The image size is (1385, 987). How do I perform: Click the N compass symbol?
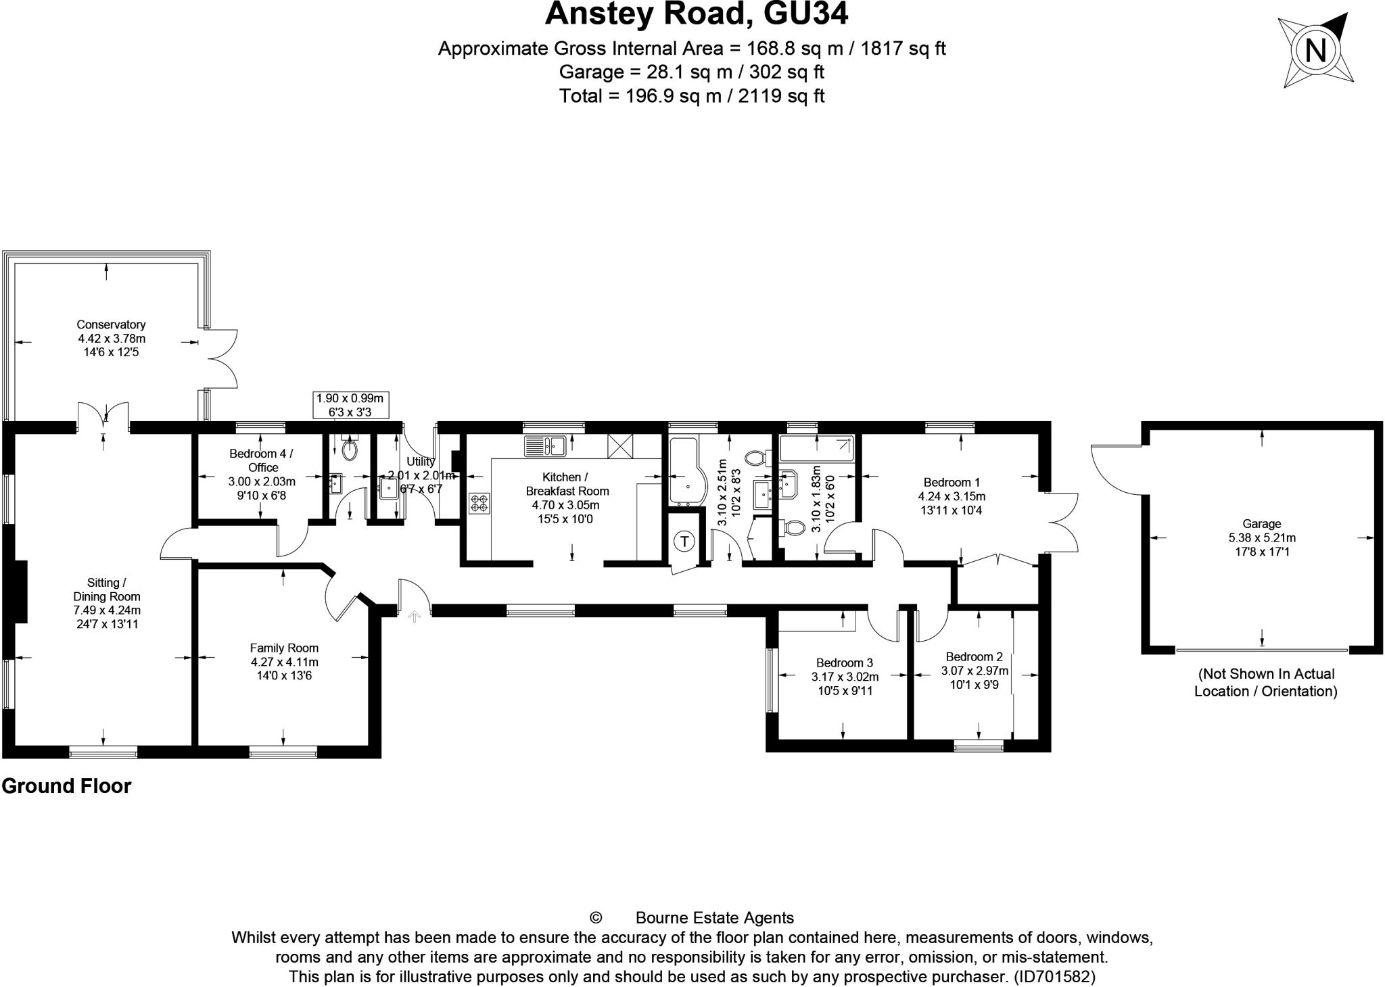click(x=1315, y=51)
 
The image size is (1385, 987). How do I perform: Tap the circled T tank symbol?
click(x=685, y=541)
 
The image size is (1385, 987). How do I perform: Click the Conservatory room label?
click(x=111, y=325)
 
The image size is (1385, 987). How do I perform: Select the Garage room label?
click(x=1261, y=524)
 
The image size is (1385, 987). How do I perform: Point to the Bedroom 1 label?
click(x=952, y=483)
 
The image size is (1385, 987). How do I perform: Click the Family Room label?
click(x=284, y=648)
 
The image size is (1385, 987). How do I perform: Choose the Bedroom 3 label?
click(x=844, y=663)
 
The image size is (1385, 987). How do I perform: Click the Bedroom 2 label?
click(x=974, y=657)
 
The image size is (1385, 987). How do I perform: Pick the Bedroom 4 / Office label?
click(x=262, y=460)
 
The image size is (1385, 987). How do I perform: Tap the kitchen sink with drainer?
click(x=545, y=446)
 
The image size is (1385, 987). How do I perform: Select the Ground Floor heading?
click(x=66, y=786)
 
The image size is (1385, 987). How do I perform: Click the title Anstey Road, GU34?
click(x=696, y=14)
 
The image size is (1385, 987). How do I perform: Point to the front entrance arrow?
click(x=414, y=616)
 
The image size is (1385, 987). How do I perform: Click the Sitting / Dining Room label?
click(x=106, y=589)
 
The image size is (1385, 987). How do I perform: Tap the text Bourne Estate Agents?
click(x=714, y=917)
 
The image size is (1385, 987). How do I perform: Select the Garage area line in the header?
click(x=691, y=72)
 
